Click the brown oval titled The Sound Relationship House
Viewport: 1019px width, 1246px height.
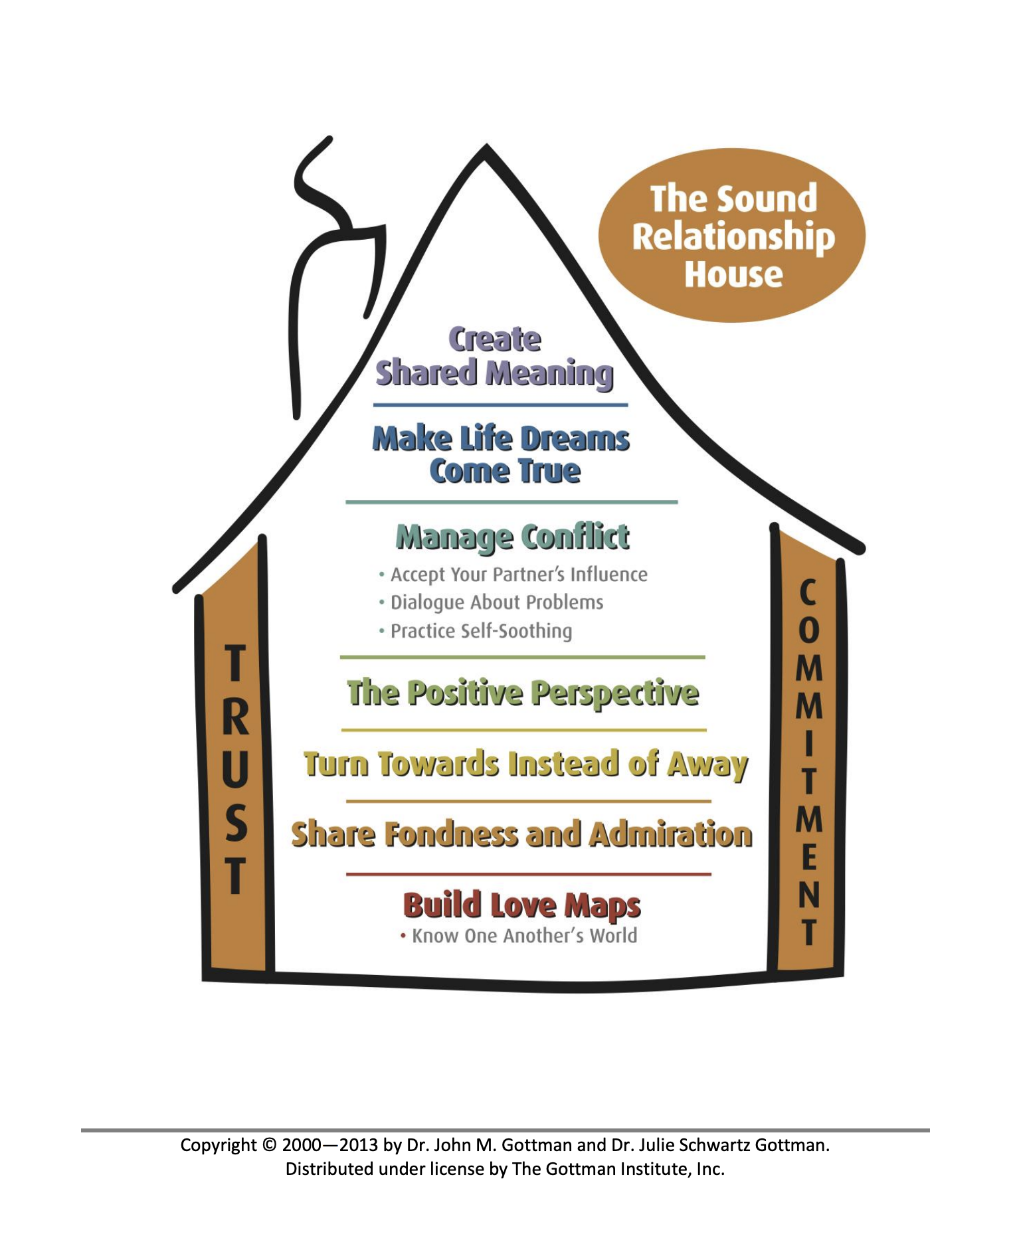732,235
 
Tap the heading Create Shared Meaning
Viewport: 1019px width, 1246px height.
494,357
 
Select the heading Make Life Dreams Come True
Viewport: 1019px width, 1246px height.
501,455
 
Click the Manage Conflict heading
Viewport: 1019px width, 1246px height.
512,537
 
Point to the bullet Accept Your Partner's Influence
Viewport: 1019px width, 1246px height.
518,575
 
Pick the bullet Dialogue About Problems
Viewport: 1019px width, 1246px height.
496,602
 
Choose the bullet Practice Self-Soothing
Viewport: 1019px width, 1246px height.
480,631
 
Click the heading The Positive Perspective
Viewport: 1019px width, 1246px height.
523,693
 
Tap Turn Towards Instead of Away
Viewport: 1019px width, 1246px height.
525,764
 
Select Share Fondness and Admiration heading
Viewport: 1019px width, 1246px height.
521,835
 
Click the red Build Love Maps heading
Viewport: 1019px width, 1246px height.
521,905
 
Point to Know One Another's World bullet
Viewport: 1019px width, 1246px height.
523,936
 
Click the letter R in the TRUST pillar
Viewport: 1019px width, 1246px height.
235,719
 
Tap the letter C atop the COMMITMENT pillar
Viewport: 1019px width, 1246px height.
808,592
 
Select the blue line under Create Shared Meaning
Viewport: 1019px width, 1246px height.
500,404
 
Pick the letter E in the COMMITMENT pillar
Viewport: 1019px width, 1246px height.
808,858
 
